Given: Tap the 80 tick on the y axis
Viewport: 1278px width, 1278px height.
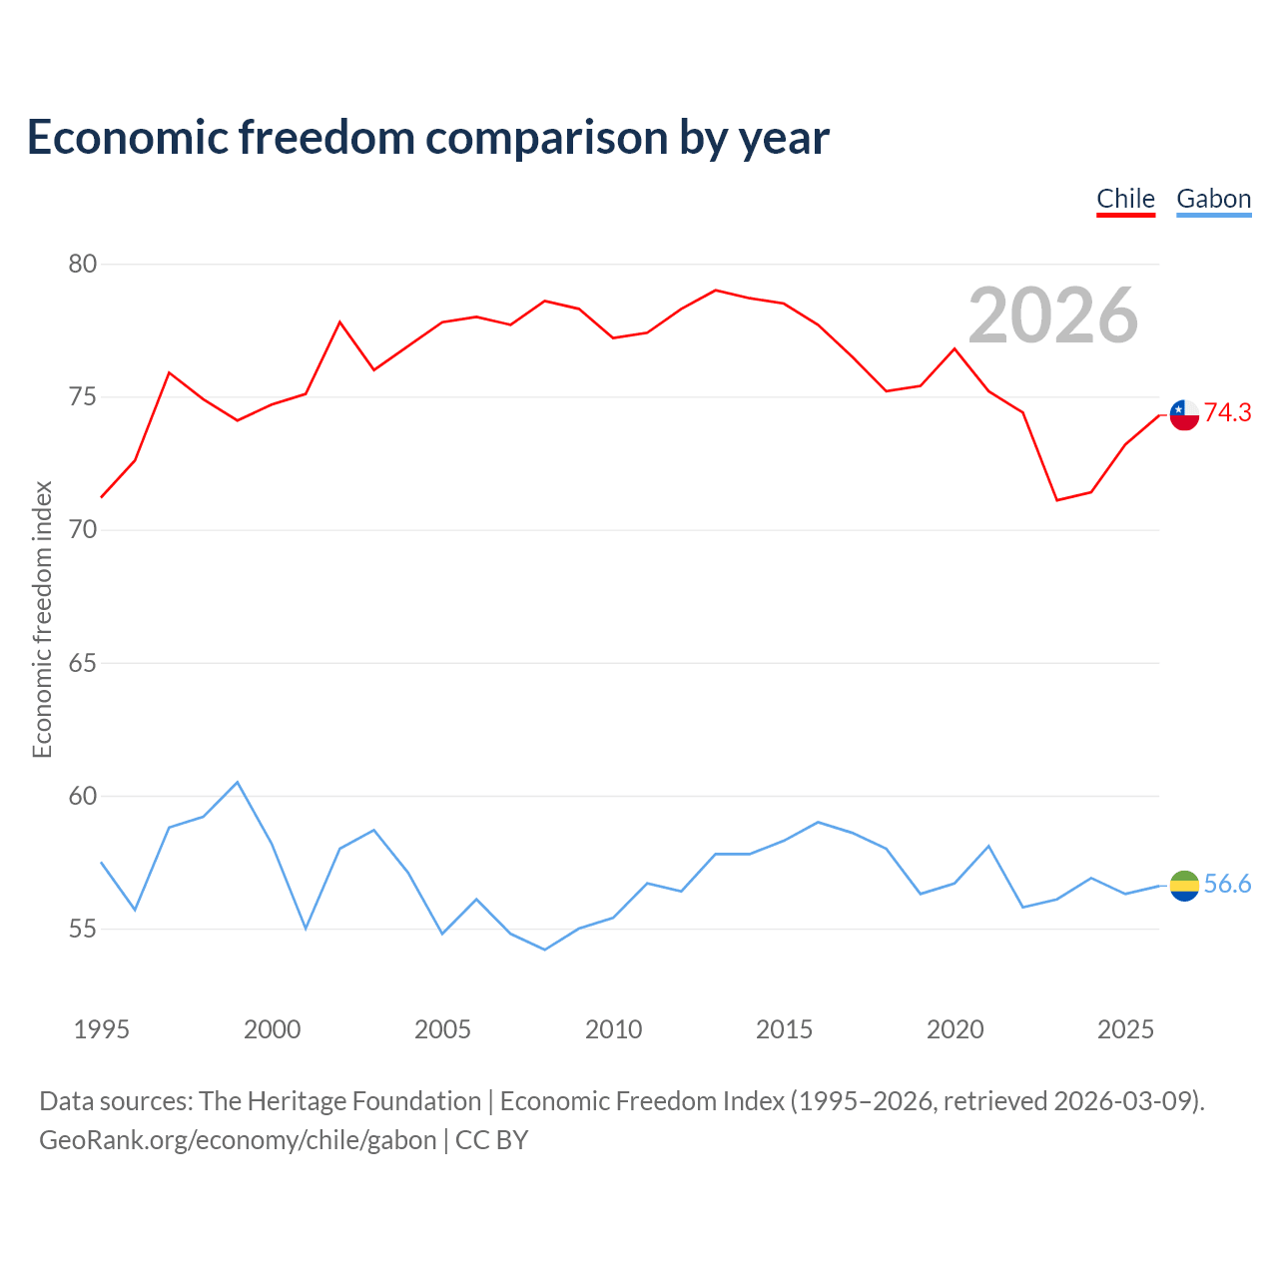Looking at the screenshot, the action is click(x=83, y=264).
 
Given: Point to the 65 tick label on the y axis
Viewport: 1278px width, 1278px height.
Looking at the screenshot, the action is click(x=83, y=663).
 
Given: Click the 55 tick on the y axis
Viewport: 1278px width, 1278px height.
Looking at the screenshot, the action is click(x=83, y=929).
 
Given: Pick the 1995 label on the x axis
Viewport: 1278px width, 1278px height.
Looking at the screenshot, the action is click(x=102, y=1029).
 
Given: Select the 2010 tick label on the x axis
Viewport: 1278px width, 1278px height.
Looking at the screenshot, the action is click(x=613, y=1029).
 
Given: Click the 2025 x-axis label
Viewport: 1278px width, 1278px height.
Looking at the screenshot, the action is click(x=1125, y=1029).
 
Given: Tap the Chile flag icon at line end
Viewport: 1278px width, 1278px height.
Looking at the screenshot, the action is click(x=1184, y=415).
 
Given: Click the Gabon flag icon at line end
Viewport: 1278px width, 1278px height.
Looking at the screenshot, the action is click(x=1184, y=886).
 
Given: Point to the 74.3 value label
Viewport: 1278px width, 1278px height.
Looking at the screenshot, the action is click(x=1228, y=412).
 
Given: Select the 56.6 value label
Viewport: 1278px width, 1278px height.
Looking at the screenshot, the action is click(x=1228, y=884).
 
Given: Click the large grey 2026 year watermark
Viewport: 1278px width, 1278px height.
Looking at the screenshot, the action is click(x=1053, y=316).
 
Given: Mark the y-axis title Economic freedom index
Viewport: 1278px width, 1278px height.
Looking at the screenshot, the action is click(x=42, y=619).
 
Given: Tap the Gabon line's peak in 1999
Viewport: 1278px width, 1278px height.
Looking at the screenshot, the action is click(x=238, y=783).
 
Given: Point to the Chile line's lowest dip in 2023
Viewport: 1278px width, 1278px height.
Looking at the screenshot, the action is click(x=1057, y=500).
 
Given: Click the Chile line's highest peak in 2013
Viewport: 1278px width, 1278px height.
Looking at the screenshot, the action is click(x=716, y=291).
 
